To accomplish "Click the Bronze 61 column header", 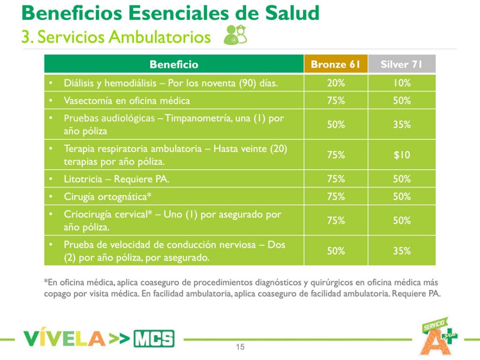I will coord(336,64).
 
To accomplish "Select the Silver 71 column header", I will coord(401,64).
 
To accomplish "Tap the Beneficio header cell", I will coord(174,64).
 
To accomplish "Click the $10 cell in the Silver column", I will coord(401,155).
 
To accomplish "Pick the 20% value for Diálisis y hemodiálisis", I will coord(336,83).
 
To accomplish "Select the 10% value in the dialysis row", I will coord(401,83).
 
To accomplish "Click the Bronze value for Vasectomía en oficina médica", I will coord(336,101).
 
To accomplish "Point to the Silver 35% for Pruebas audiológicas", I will coord(401,125).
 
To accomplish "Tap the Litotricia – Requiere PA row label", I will coord(117,179).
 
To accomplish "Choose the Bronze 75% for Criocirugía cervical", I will coord(336,220).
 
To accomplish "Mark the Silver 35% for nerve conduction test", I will coord(401,251).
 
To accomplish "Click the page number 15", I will coord(240,347).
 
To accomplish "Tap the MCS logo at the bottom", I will coord(154,338).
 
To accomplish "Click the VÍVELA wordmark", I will coord(64,338).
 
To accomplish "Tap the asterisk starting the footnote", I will coord(46,282).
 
